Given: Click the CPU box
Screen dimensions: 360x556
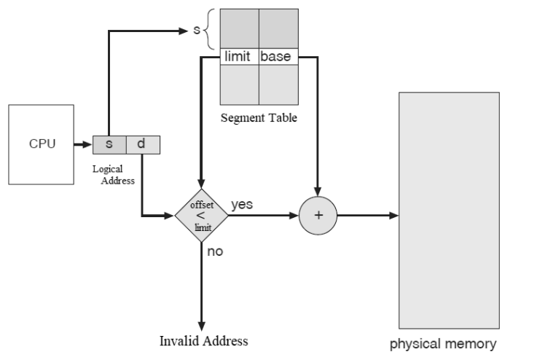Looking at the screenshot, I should pyautogui.click(x=41, y=144).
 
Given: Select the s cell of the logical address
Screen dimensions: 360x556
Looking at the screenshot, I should pyautogui.click(x=109, y=144).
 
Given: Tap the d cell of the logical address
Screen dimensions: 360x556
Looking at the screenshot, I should pyautogui.click(x=142, y=144).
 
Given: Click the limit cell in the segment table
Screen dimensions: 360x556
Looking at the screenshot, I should pyautogui.click(x=239, y=56).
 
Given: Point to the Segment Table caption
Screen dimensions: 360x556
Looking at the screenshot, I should pyautogui.click(x=259, y=118).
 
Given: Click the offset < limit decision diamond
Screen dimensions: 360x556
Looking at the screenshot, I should pyautogui.click(x=202, y=216).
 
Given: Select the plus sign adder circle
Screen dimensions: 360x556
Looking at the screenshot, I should pyautogui.click(x=318, y=216).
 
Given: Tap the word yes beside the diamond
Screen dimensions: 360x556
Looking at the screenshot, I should pyautogui.click(x=242, y=205).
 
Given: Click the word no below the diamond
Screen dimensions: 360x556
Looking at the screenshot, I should pyautogui.click(x=215, y=251).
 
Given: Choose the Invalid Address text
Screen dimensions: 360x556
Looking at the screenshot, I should pyautogui.click(x=203, y=340).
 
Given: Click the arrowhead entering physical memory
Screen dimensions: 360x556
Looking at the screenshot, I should pyautogui.click(x=393, y=216).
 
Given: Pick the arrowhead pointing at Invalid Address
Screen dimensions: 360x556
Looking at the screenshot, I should pyautogui.click(x=202, y=325).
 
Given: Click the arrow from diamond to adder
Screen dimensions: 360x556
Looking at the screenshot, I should pyautogui.click(x=264, y=216).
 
